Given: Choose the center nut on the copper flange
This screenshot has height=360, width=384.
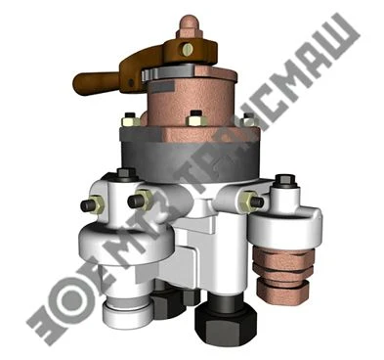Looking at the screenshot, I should tap(195, 120).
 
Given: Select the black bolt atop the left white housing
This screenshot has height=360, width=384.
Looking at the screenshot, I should tap(125, 176).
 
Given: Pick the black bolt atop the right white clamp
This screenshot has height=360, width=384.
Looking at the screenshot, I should tap(286, 182).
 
